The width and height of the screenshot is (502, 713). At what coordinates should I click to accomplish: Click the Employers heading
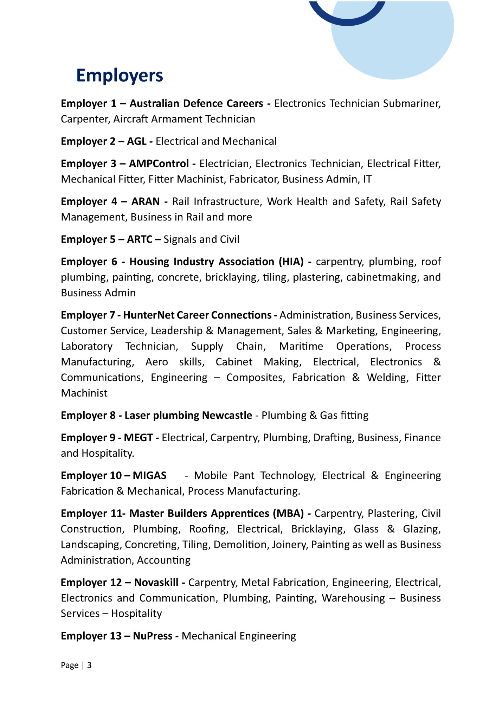point(120,75)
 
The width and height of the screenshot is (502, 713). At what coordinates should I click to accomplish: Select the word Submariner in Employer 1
point(411,103)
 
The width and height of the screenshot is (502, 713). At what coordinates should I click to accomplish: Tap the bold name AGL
point(136,141)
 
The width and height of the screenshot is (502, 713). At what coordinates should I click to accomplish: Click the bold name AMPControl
point(159,164)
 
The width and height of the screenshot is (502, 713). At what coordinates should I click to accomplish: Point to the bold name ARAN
point(146,201)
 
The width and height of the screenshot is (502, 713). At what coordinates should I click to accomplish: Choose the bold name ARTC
point(140,239)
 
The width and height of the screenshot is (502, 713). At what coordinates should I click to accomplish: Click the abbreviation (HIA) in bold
point(291,262)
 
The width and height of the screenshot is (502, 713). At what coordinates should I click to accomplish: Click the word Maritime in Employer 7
point(301,346)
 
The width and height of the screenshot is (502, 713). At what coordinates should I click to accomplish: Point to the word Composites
point(255,378)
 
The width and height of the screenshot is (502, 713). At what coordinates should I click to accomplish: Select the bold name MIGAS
point(149,476)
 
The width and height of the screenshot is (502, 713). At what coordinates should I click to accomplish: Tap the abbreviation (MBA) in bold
point(288,514)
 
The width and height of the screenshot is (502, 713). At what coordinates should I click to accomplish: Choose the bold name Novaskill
point(156,583)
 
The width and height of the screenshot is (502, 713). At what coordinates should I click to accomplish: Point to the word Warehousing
point(353,598)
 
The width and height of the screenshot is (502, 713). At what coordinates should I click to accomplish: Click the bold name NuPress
point(153,636)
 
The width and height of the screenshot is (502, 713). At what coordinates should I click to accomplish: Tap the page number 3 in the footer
point(89,665)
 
